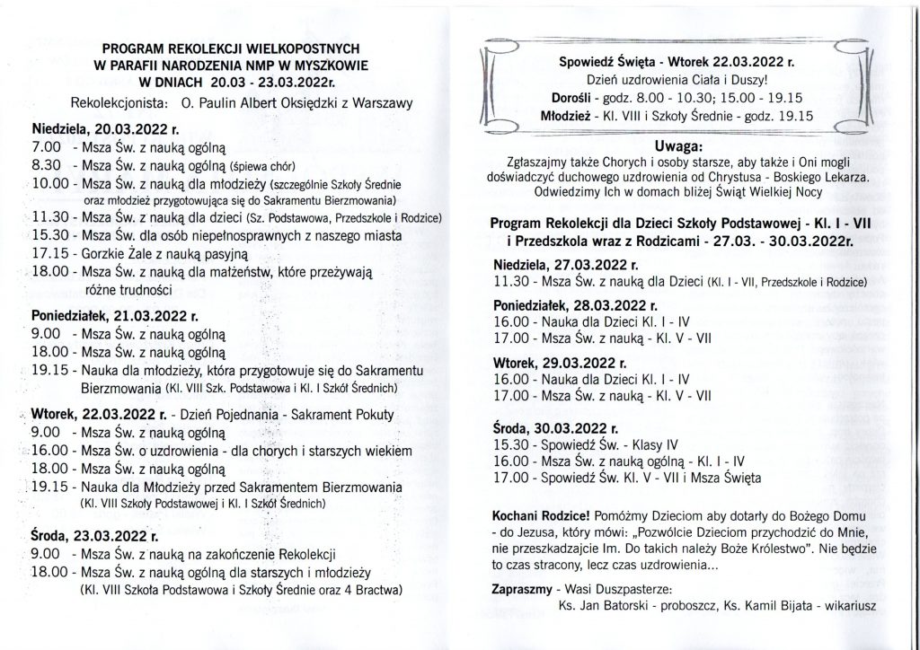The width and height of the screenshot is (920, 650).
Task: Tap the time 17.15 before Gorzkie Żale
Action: coord(46,254)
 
